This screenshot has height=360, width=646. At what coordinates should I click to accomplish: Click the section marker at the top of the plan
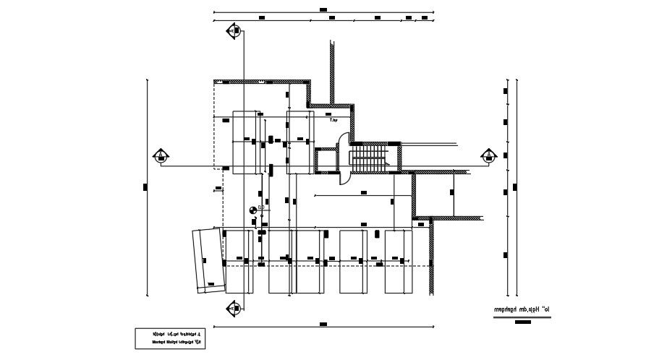tap(234, 30)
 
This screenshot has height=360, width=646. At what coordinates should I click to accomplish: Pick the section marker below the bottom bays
tap(233, 307)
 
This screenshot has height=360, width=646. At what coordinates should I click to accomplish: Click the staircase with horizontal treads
tap(370, 157)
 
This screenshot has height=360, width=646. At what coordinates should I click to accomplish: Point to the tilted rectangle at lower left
tap(208, 260)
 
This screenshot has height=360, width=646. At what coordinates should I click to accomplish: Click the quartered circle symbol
tap(252, 210)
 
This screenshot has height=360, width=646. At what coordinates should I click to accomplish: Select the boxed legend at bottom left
tap(170, 338)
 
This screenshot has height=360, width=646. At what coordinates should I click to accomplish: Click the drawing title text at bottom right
tap(522, 309)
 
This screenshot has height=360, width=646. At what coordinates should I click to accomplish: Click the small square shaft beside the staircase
tap(327, 160)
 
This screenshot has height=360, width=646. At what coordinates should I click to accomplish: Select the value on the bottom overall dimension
tap(323, 327)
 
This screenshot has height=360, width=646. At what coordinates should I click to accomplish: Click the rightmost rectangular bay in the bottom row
tap(399, 262)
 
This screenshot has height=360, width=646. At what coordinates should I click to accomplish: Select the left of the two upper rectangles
tap(247, 142)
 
